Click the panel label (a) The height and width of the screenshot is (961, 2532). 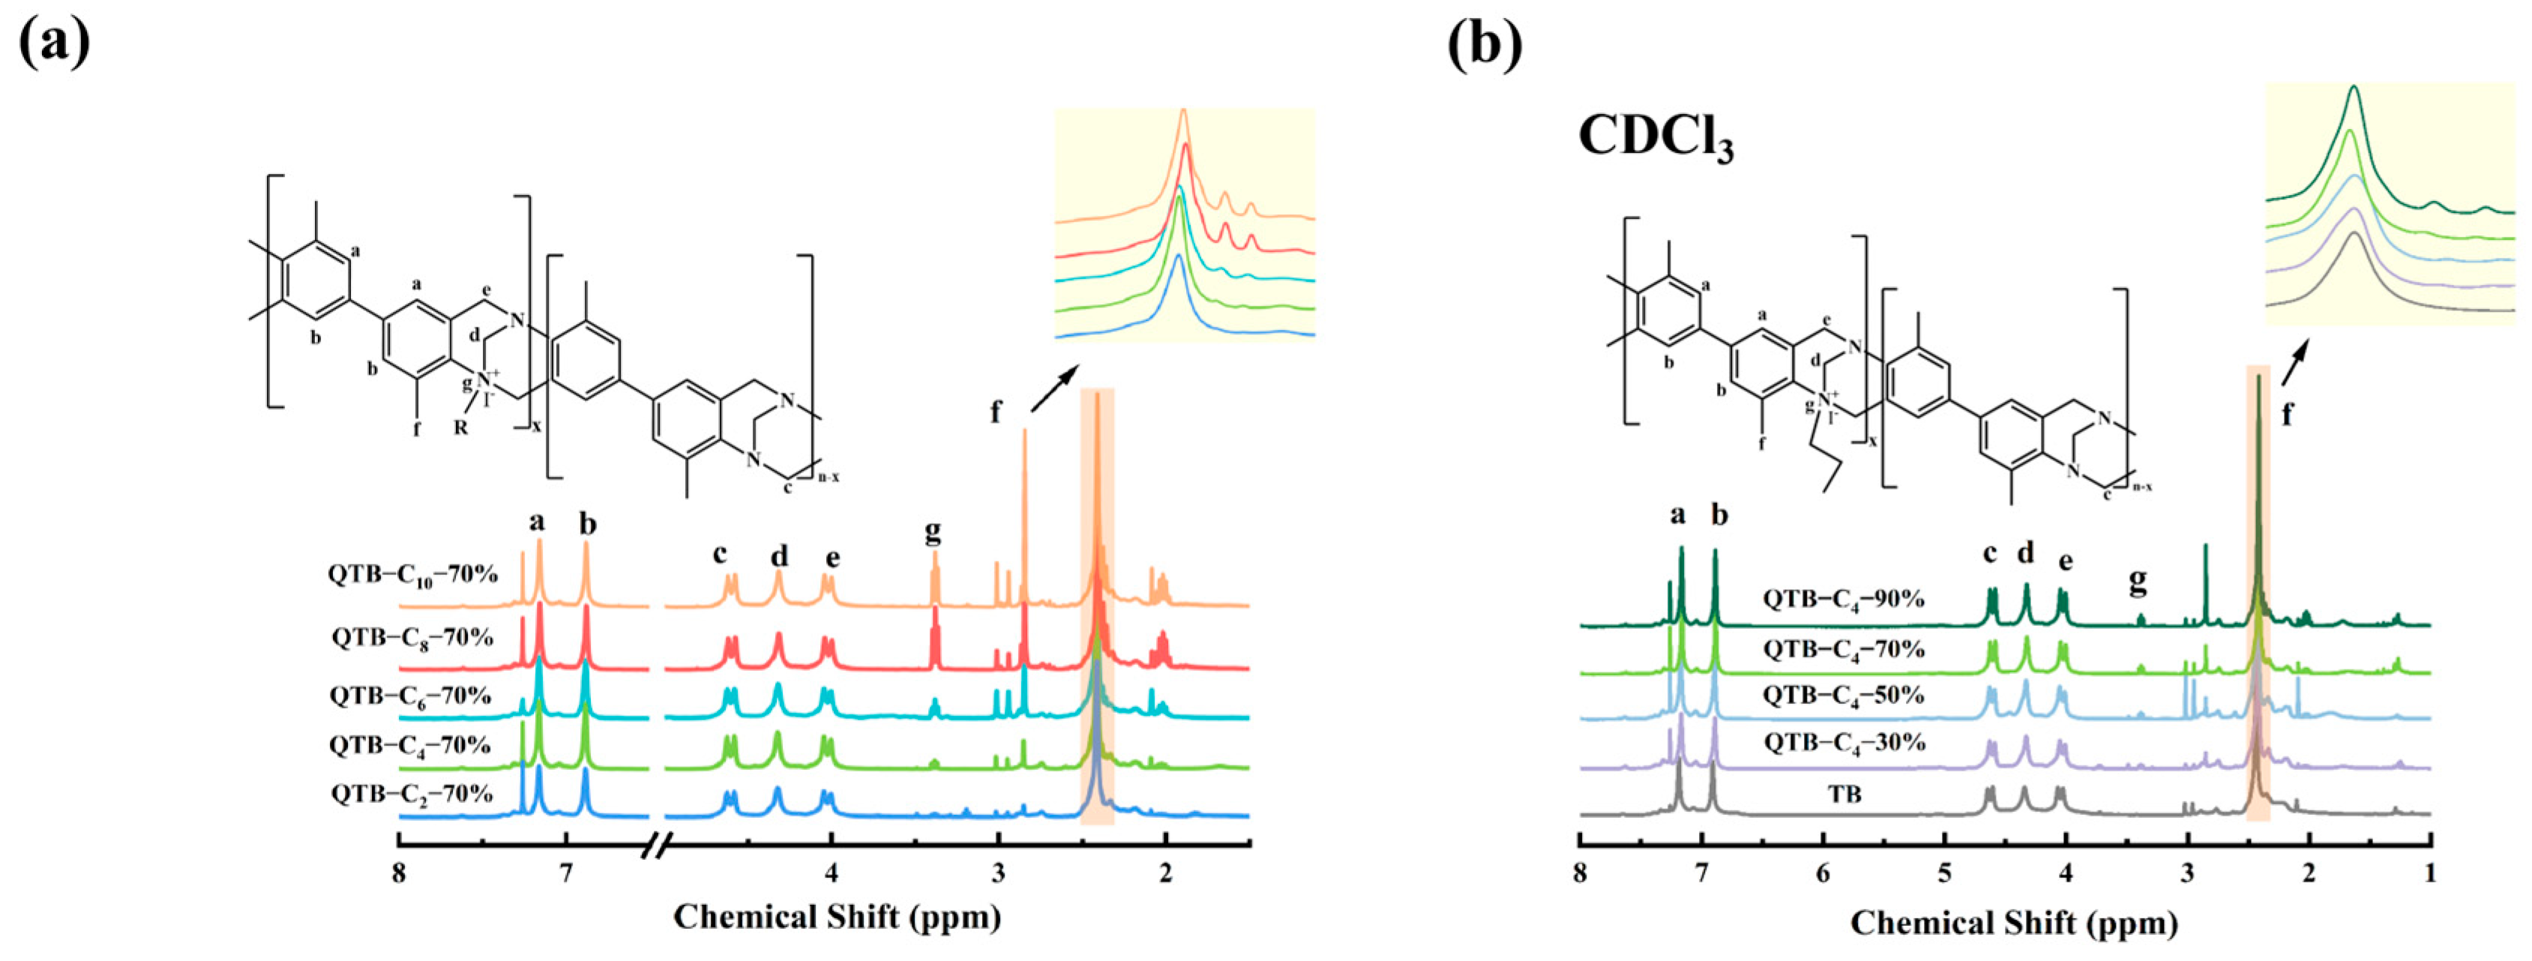pyautogui.click(x=54, y=41)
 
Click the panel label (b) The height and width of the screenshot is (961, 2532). pyautogui.click(x=1485, y=41)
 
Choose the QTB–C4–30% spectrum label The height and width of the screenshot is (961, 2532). pyautogui.click(x=1843, y=743)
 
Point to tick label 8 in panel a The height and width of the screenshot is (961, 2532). pyautogui.click(x=398, y=873)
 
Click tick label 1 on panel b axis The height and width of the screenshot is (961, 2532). pyautogui.click(x=2430, y=873)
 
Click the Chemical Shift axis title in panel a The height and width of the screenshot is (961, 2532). pyautogui.click(x=837, y=918)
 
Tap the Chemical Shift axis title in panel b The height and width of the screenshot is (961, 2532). pyautogui.click(x=2014, y=924)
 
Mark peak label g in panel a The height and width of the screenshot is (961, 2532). pyautogui.click(x=932, y=531)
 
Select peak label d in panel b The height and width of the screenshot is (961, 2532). pyautogui.click(x=2025, y=553)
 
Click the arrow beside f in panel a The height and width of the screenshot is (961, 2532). pyautogui.click(x=1053, y=389)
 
